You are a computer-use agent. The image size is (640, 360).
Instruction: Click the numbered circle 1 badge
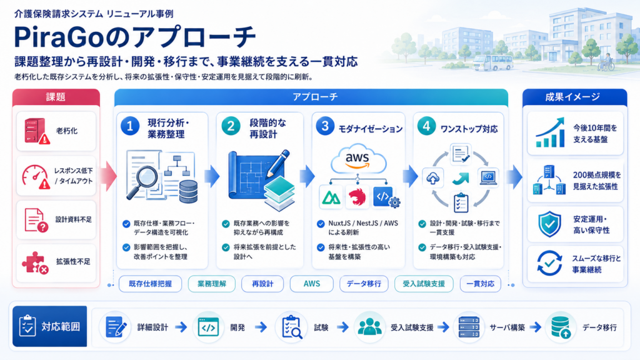130,126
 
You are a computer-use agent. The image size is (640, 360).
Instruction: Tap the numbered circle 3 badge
325,126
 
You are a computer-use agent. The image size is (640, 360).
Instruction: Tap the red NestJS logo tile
357,197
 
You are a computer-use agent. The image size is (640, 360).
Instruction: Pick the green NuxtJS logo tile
331,197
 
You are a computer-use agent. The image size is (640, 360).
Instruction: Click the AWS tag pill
311,284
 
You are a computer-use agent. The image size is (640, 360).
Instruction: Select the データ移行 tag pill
364,284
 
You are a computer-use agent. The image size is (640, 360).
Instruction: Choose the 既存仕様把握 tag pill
150,284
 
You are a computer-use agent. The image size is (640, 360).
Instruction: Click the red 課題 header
56,97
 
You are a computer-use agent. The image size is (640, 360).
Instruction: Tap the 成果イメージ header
575,97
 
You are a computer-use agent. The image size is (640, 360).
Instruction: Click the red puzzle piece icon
35,262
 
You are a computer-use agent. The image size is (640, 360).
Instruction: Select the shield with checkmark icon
549,224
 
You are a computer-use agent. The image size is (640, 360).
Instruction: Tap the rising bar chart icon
550,132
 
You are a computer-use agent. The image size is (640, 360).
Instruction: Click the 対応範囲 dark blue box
50,326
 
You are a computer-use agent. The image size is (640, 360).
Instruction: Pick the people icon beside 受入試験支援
370,327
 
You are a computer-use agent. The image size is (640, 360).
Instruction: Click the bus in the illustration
492,63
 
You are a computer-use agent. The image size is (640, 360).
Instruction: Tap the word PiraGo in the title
62,37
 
